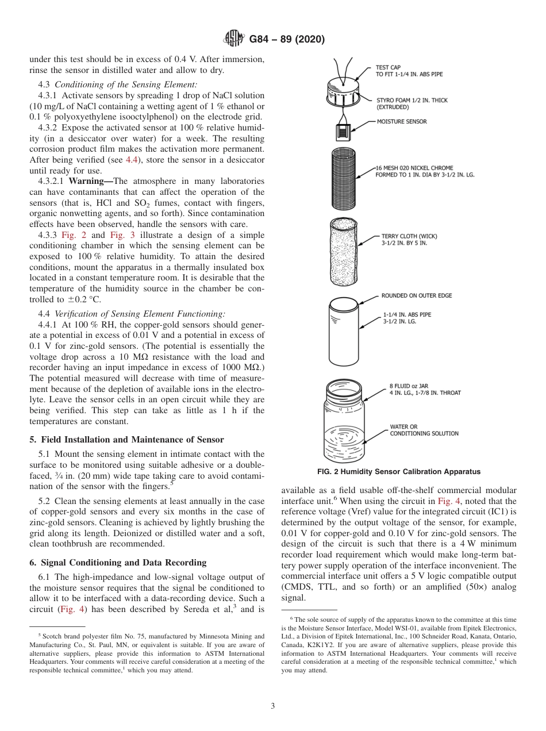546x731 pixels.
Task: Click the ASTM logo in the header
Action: click(x=234, y=40)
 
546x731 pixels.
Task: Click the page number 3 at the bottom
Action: click(x=273, y=706)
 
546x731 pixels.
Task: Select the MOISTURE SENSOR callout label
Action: click(x=402, y=122)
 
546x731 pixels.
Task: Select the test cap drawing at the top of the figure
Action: click(x=343, y=91)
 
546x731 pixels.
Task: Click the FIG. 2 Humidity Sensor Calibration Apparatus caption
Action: click(x=399, y=472)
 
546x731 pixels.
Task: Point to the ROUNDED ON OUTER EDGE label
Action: click(x=417, y=296)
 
